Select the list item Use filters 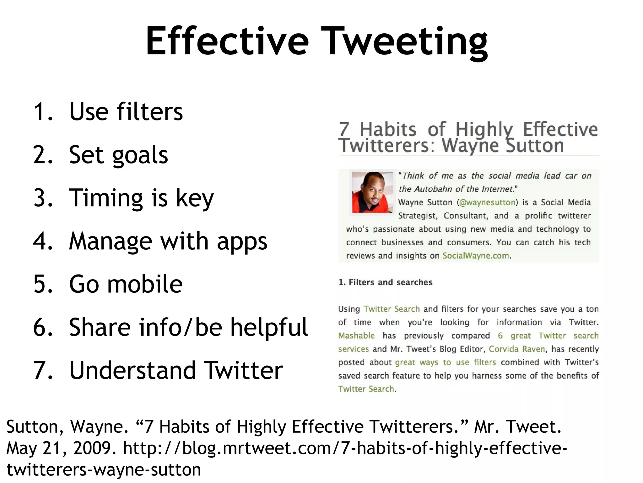click(126, 112)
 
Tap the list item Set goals click(118, 155)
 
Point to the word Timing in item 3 click(105, 198)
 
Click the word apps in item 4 click(242, 241)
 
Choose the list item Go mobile click(126, 284)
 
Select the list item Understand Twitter click(176, 370)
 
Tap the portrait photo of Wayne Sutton click(372, 192)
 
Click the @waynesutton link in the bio click(487, 203)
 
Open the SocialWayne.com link click(476, 256)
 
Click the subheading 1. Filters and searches click(385, 282)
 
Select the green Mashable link click(356, 336)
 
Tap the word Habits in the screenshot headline click(388, 130)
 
